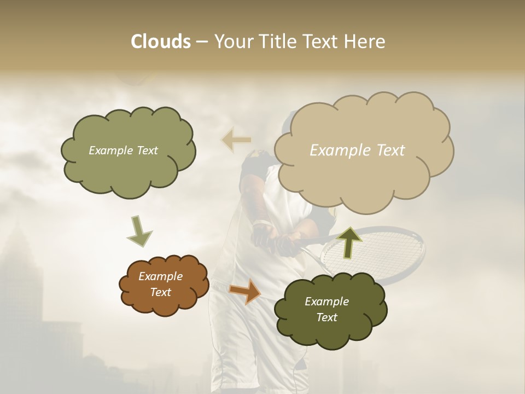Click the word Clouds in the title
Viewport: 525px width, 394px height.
tap(160, 42)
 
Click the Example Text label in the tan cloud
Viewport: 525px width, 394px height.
tap(357, 150)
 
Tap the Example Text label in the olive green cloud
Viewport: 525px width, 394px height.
tap(123, 150)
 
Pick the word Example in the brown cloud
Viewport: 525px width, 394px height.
tap(160, 276)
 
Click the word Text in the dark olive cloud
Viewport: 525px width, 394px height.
tap(326, 317)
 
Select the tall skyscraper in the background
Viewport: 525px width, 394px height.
tap(22, 285)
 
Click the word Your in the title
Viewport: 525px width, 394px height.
tap(232, 42)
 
